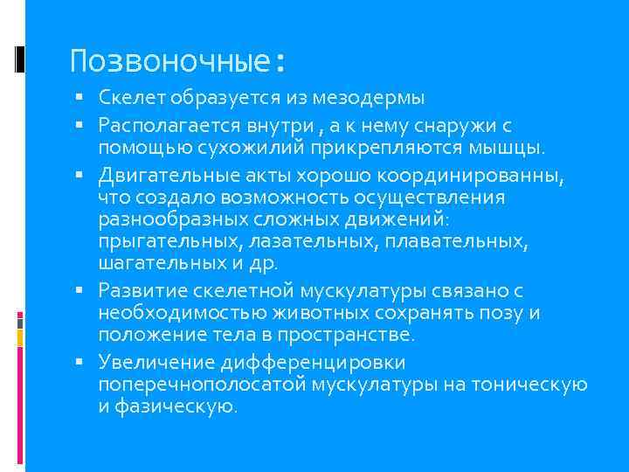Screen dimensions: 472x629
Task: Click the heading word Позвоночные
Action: tap(170, 61)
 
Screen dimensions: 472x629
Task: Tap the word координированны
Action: tap(464, 177)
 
